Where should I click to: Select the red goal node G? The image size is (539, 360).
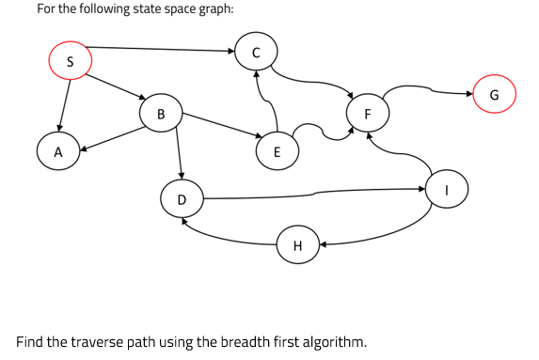(x=495, y=94)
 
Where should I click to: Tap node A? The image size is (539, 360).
(x=57, y=150)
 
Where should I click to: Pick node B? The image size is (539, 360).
(x=161, y=114)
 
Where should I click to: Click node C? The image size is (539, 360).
(x=255, y=53)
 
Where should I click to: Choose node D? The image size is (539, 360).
(x=182, y=198)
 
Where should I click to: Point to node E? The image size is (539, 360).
(x=276, y=150)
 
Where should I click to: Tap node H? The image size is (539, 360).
(x=297, y=245)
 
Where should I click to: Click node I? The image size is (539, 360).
(x=447, y=189)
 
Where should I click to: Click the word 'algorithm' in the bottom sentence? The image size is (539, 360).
(x=328, y=340)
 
